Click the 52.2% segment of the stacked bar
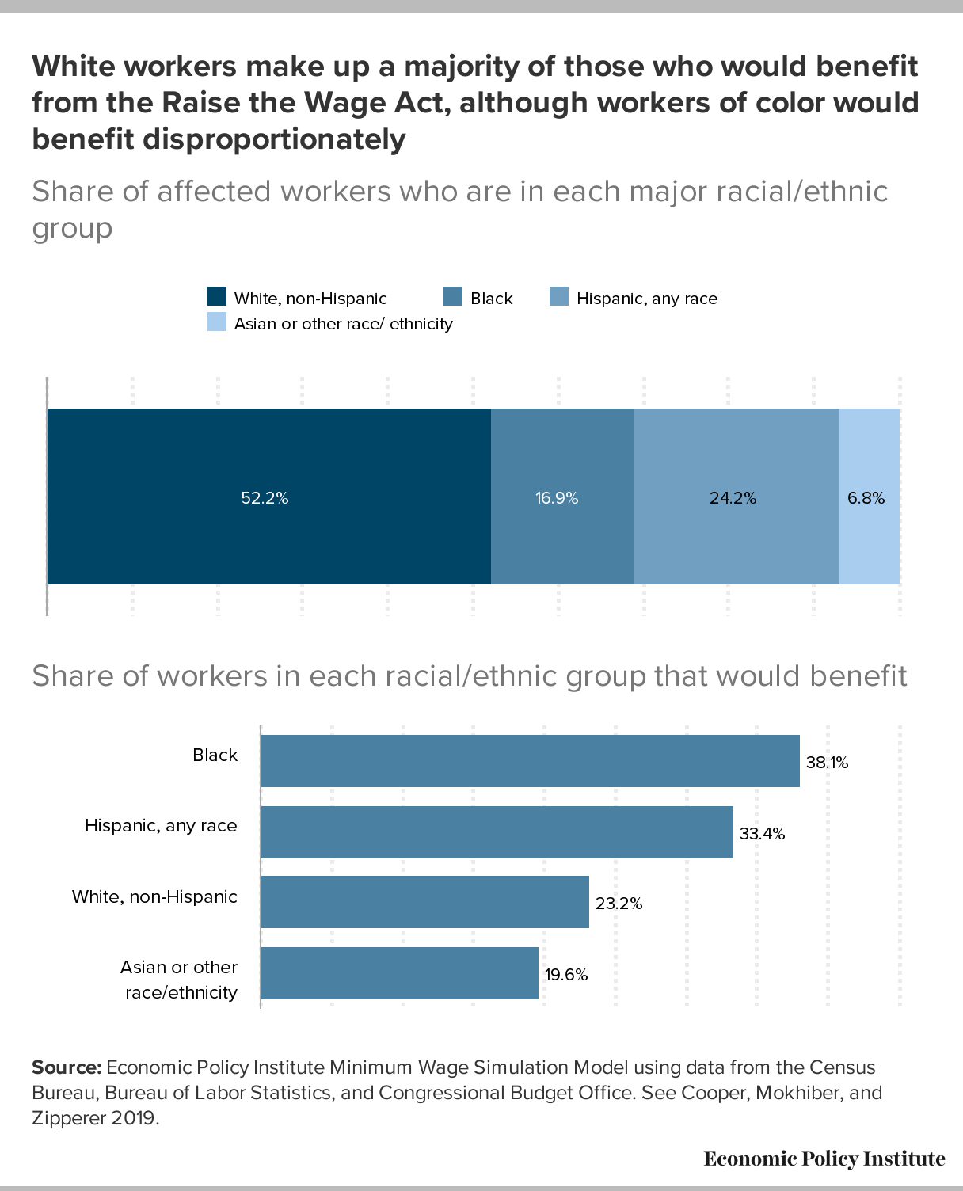269,497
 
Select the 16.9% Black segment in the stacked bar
562,497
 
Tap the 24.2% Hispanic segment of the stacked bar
737,497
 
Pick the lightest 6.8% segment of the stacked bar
870,497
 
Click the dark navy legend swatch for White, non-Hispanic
217,296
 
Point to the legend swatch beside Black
453,296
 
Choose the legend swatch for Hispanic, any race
559,296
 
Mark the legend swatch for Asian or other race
217,322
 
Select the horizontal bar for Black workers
530,761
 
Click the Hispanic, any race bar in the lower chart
497,832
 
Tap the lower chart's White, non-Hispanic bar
425,902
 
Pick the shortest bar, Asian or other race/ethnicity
400,973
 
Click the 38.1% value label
827,763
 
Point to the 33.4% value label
762,834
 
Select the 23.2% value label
619,904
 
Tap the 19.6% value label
566,975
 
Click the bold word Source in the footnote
67,1067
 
